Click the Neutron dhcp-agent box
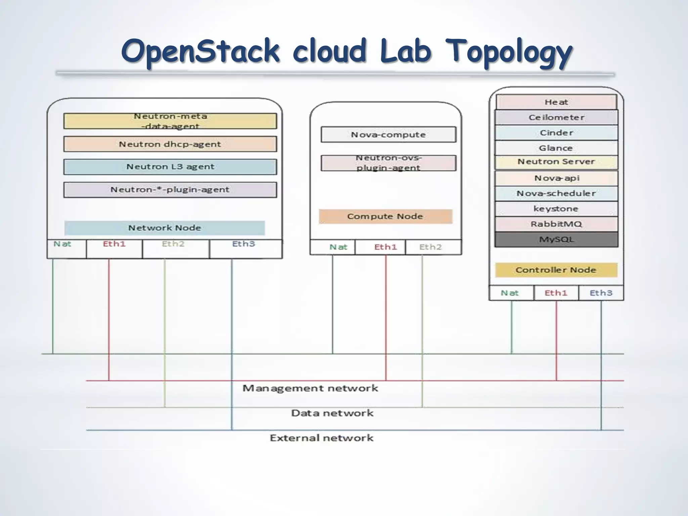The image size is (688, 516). tap(170, 144)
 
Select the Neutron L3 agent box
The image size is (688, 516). tap(170, 167)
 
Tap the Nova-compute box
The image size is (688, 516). tap(388, 135)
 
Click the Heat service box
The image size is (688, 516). tap(556, 102)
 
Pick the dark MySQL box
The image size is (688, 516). tap(556, 240)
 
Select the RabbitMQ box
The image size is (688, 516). tap(556, 224)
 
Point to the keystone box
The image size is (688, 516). tap(556, 209)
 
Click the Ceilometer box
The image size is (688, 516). tap(556, 117)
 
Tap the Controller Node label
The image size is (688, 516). tap(556, 270)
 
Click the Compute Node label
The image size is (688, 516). tap(385, 216)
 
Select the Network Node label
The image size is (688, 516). tap(165, 228)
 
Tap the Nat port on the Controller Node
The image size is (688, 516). tap(511, 293)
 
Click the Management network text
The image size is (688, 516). tap(310, 388)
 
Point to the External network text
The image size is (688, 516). tap(321, 438)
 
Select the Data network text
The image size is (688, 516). tap(332, 413)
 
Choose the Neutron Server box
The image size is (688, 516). tap(556, 162)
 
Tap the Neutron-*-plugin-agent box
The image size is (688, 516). tap(170, 190)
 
